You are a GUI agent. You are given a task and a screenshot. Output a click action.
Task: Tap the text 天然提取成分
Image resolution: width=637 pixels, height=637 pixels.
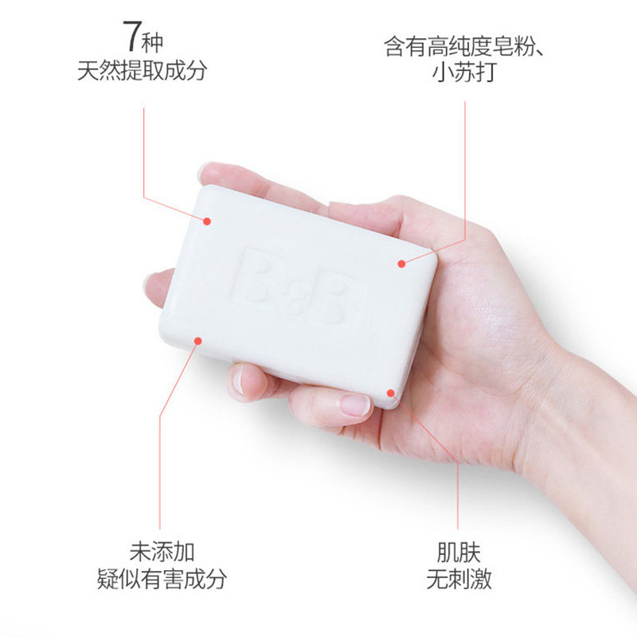(x=143, y=71)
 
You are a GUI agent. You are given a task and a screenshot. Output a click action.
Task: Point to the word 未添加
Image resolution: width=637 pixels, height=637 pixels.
(x=162, y=551)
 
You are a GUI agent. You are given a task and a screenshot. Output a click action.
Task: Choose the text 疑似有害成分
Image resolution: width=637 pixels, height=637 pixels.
(x=162, y=580)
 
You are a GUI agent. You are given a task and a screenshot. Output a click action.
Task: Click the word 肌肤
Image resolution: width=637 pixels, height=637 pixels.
(x=459, y=551)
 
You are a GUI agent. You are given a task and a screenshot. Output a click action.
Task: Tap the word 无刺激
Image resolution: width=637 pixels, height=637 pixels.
(x=459, y=580)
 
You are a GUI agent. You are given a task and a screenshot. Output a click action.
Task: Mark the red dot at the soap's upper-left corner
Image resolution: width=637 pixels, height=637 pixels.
(x=207, y=221)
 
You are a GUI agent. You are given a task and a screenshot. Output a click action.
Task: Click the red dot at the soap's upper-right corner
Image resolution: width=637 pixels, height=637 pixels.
(x=401, y=263)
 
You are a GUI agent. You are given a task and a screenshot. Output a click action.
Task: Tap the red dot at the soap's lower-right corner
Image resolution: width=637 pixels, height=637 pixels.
(x=391, y=393)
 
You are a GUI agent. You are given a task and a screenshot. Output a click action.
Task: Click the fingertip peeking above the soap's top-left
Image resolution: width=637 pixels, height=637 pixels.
(x=209, y=172)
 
